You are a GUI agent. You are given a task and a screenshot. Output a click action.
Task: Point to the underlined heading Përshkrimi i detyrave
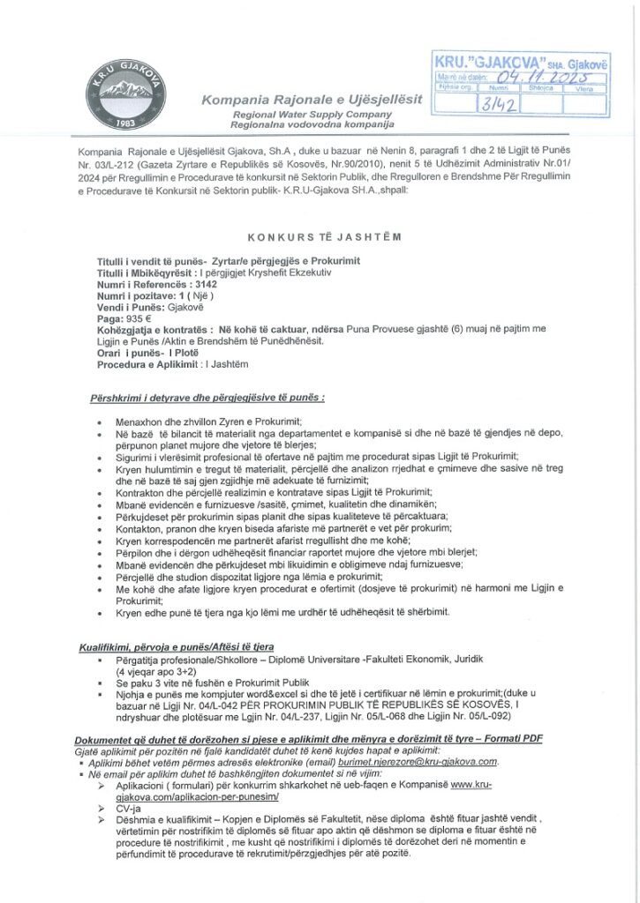[207, 398]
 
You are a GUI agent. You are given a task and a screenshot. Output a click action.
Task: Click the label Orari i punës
[131, 354]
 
